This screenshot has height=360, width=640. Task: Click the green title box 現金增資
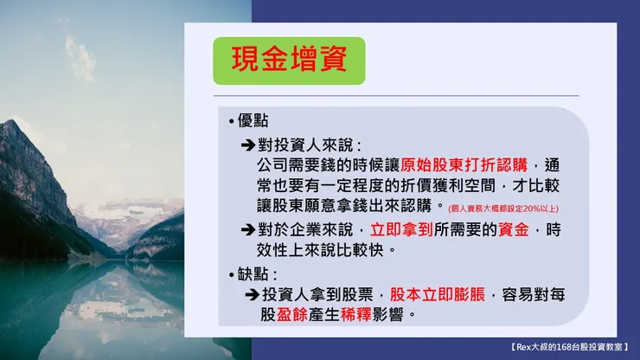pyautogui.click(x=289, y=60)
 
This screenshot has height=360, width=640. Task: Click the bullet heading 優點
pyautogui.click(x=249, y=121)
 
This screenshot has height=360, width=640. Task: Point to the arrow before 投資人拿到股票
pyautogui.click(x=253, y=294)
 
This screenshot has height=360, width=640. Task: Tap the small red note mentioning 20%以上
pyautogui.click(x=503, y=209)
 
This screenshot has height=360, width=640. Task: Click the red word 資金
pyautogui.click(x=516, y=230)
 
